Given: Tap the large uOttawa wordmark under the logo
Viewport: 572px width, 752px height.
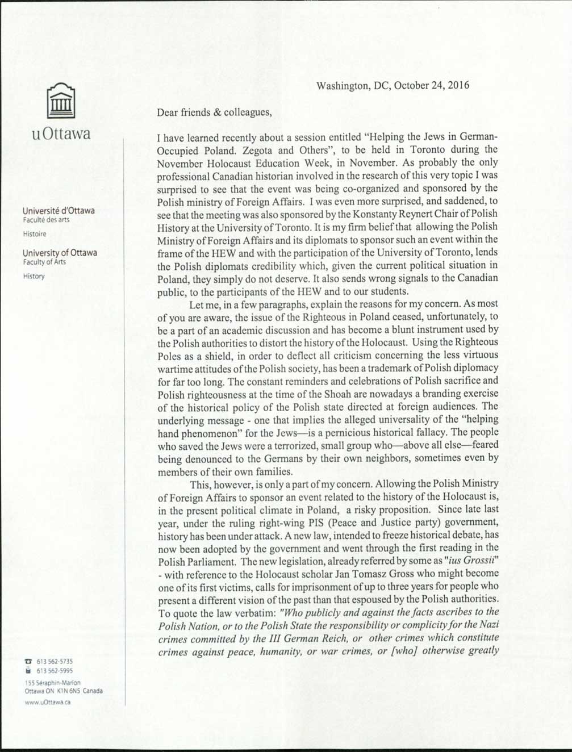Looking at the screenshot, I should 61,135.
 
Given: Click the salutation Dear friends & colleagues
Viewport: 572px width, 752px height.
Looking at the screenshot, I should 214,112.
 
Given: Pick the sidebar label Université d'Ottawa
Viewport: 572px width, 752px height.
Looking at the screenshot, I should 59,211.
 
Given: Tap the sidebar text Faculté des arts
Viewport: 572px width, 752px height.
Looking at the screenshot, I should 46,220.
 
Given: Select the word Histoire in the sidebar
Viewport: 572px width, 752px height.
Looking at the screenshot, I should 35,234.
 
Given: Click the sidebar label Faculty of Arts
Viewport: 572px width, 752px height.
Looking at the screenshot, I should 44,262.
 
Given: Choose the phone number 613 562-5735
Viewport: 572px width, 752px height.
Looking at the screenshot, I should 55,661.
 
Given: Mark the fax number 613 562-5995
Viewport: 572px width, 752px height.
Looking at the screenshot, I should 55,671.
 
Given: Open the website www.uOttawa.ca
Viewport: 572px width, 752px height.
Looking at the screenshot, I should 48,703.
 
